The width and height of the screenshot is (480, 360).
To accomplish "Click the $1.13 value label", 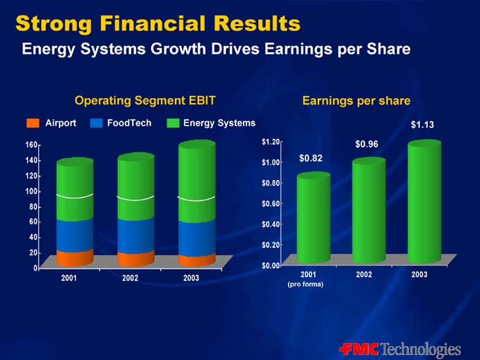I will tap(422, 125).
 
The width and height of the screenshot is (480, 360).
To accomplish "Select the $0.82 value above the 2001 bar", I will tap(311, 158).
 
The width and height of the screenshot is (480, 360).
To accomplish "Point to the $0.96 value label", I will tap(367, 144).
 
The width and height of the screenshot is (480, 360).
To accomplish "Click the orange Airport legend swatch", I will tap(33, 124).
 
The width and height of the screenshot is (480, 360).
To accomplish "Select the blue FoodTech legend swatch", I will tap(97, 124).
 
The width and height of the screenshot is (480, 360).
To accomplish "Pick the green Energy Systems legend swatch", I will tap(173, 124).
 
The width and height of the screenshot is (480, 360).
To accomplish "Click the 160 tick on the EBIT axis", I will tap(32, 145).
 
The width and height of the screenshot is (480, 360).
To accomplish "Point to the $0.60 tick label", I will tap(272, 204).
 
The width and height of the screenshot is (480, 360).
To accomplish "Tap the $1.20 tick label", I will tap(272, 142).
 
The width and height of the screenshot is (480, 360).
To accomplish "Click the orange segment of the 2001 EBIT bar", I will tap(75, 258).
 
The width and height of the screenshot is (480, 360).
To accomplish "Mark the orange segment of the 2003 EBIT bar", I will tap(197, 260).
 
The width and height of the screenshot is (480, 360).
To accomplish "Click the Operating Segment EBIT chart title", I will tap(145, 101).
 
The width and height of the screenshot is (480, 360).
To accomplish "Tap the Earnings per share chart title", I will tap(356, 101).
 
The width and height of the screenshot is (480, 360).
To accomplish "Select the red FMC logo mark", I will tap(359, 349).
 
